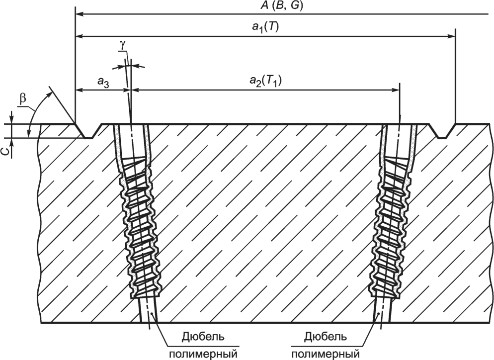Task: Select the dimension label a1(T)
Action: pos(264,27)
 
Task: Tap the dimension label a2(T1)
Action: pos(265,81)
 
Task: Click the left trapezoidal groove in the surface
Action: pos(88,131)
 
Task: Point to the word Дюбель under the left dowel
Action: pos(203,337)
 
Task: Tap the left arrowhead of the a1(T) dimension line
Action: pos(80,36)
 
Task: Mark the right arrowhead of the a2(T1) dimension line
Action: pos(396,90)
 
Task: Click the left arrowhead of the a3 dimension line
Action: pos(79,90)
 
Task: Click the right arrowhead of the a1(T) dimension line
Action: pos(452,36)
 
